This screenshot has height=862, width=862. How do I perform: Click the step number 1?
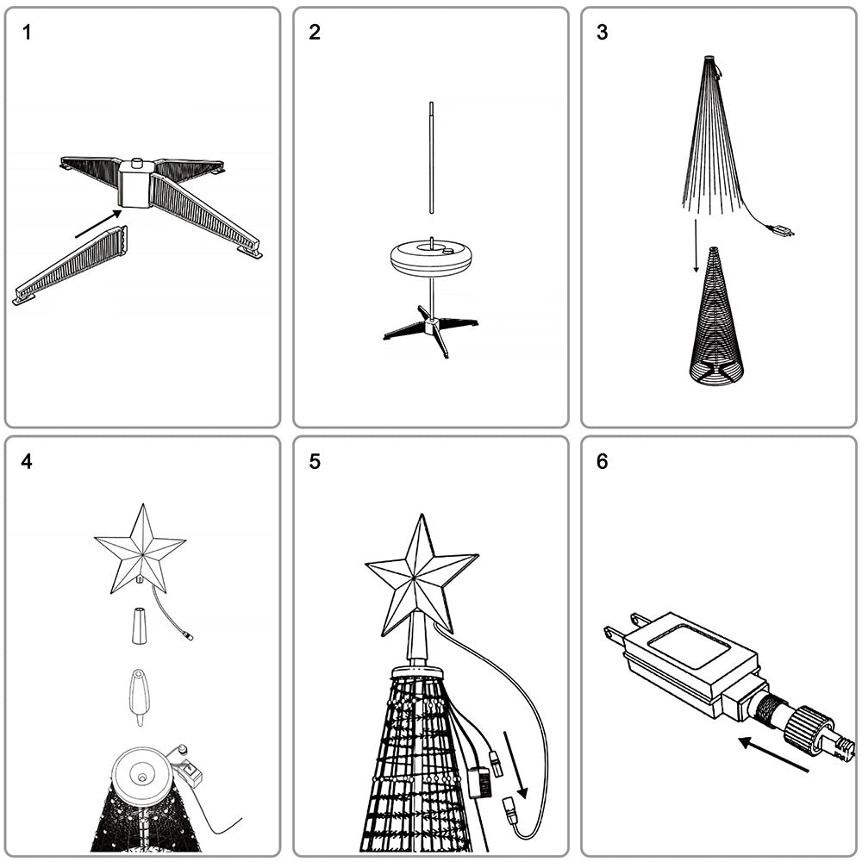click(x=27, y=33)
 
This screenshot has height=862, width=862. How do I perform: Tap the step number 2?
click(x=315, y=33)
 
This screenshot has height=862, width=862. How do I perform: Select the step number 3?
click(x=602, y=33)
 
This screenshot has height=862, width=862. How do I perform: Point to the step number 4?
click(x=27, y=461)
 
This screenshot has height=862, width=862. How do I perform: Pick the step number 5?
click(x=315, y=461)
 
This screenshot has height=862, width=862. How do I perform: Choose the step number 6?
click(x=602, y=461)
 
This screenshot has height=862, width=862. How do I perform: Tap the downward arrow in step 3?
click(x=696, y=246)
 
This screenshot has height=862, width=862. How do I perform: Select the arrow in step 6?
click(x=773, y=753)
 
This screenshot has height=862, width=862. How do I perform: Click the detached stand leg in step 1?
click(x=70, y=265)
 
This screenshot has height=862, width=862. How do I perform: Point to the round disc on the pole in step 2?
click(x=432, y=256)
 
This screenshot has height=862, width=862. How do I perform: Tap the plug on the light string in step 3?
click(x=783, y=230)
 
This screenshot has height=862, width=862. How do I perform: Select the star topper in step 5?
click(x=422, y=575)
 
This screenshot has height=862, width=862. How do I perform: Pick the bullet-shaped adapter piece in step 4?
click(x=139, y=697)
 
